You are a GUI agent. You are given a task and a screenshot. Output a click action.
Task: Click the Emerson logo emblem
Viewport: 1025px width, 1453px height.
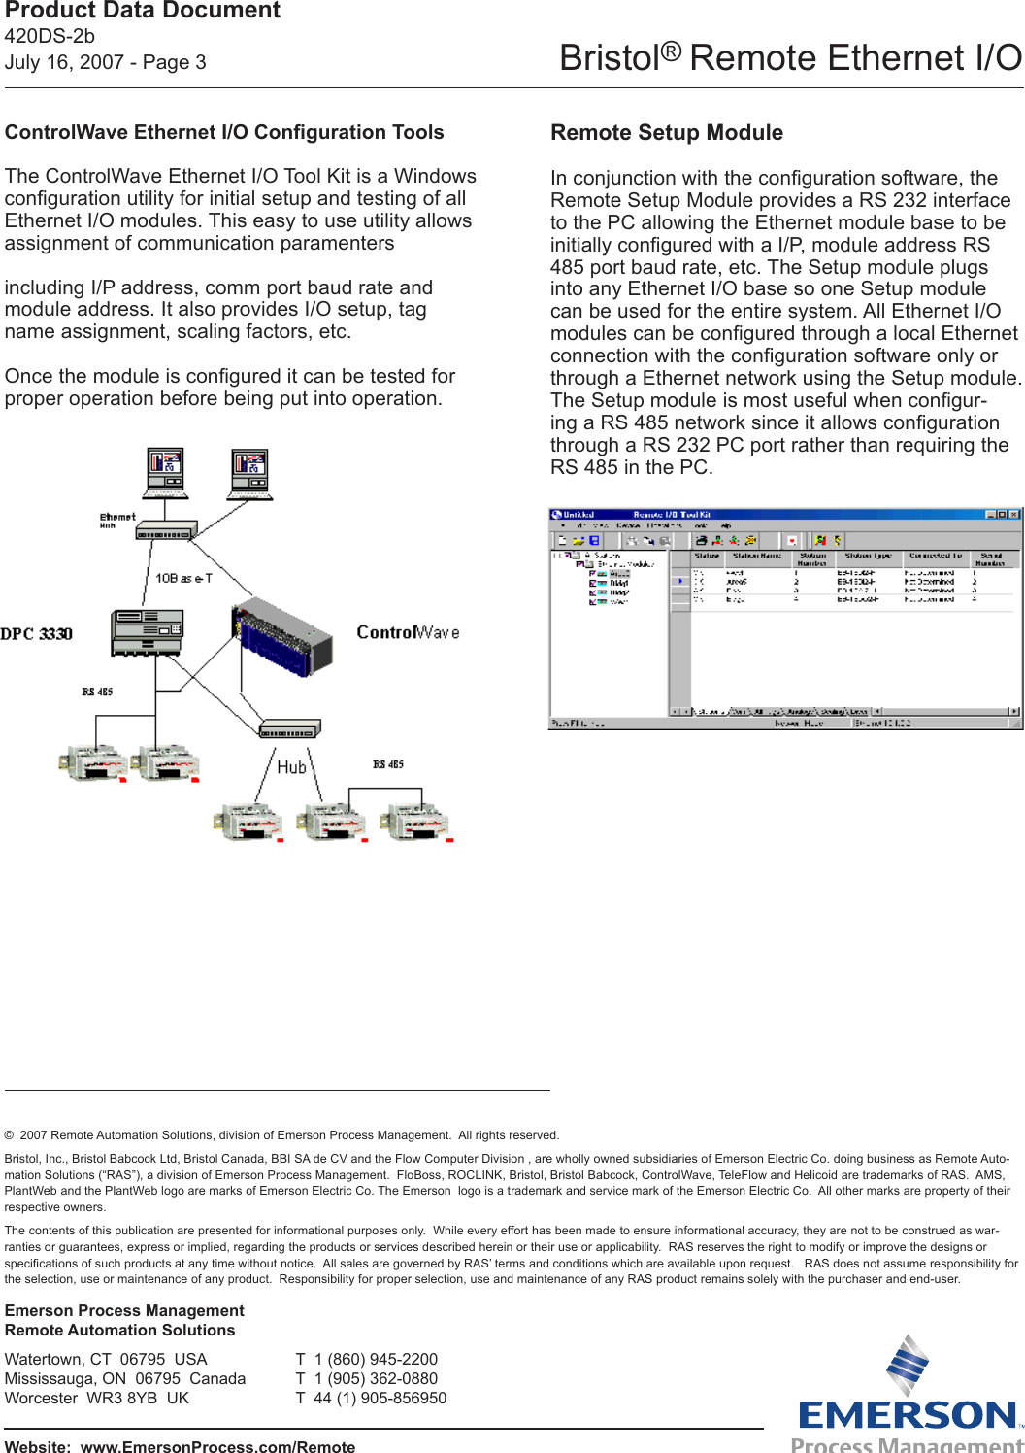(908, 1367)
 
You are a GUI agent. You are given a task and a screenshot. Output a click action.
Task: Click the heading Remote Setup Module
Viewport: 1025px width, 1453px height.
(666, 133)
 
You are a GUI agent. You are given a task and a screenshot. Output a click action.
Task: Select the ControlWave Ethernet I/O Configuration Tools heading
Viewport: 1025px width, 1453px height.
(224, 133)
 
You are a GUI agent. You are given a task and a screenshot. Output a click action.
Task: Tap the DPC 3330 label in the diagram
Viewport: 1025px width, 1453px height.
(37, 634)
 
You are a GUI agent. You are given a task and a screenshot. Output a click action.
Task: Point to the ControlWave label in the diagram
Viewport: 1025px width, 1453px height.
(408, 632)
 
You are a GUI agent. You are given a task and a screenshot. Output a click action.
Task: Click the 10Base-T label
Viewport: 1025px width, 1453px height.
(183, 578)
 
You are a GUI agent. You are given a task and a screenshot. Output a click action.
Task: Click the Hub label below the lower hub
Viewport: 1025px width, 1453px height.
(291, 767)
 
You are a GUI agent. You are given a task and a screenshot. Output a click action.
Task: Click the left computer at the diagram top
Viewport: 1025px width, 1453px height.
(165, 473)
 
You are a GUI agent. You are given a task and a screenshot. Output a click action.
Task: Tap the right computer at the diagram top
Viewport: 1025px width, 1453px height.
(249, 473)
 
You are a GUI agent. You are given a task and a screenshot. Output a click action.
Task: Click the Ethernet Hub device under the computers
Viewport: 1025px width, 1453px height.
(166, 531)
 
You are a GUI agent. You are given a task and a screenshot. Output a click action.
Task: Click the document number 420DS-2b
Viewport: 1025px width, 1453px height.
(50, 37)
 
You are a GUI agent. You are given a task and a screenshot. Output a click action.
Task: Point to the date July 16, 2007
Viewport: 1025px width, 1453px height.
(64, 63)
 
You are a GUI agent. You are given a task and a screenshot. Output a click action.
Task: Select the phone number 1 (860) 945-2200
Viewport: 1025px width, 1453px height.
(375, 1359)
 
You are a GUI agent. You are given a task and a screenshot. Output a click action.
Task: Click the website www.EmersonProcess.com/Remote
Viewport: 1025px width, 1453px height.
(217, 1446)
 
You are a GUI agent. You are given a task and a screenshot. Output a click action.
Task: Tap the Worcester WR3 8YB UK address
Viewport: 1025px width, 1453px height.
(97, 1398)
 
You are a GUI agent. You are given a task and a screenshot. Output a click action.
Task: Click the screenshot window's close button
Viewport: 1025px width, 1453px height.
(1013, 515)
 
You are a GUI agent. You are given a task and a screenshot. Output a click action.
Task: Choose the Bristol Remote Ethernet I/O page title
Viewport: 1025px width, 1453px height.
(790, 58)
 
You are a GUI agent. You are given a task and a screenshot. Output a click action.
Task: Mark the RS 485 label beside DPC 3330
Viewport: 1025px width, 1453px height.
(97, 692)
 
